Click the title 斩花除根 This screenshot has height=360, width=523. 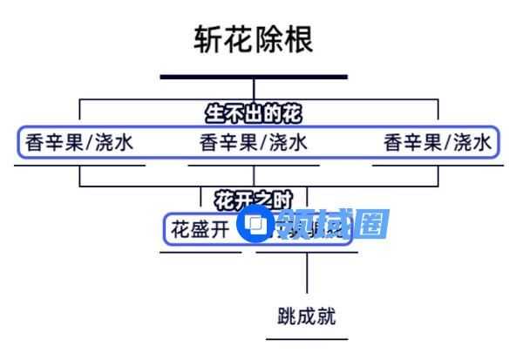pos(253,39)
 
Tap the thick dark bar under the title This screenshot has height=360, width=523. pos(253,77)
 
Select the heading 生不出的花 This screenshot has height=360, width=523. pos(258,113)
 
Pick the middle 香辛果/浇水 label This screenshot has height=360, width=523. pos(254,142)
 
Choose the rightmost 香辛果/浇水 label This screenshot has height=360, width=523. pos(438,142)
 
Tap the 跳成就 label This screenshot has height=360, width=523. pos(307,316)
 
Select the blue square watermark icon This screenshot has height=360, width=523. pos(257,226)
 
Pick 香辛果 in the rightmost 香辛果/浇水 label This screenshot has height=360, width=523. pos(412,142)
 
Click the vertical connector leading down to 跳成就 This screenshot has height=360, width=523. pos(307,275)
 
